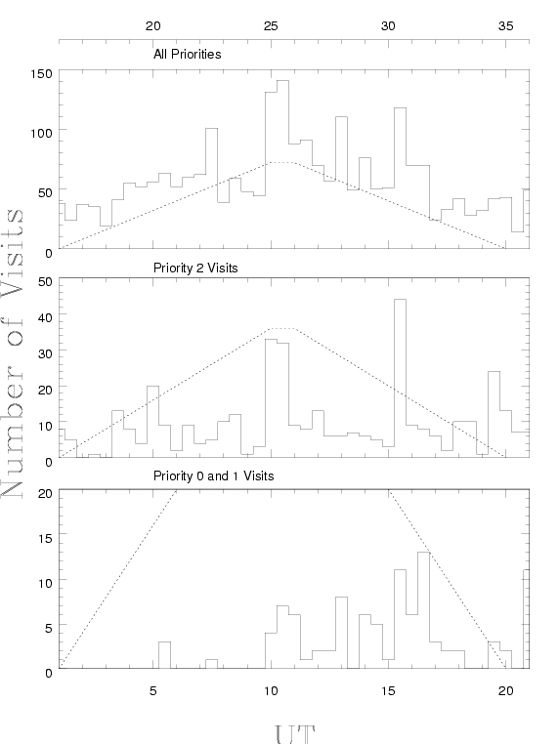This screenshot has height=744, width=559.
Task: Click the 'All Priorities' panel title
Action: pyautogui.click(x=187, y=55)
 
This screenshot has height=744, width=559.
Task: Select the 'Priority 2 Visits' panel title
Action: pyautogui.click(x=195, y=269)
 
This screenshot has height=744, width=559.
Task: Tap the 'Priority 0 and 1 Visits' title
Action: pyautogui.click(x=214, y=475)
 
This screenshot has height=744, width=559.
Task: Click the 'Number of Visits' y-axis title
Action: pyautogui.click(x=13, y=353)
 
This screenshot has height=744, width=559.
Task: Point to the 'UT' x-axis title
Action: pyautogui.click(x=295, y=734)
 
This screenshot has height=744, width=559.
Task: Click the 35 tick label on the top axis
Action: pyautogui.click(x=506, y=26)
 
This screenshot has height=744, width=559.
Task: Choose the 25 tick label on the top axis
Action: pyautogui.click(x=271, y=26)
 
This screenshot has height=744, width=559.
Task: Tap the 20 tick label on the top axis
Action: pyautogui.click(x=152, y=26)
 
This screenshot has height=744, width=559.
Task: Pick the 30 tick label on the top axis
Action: pyautogui.click(x=388, y=26)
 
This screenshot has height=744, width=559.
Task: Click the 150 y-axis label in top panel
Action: pyautogui.click(x=41, y=74)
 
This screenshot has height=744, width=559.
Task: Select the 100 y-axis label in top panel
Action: pyautogui.click(x=41, y=134)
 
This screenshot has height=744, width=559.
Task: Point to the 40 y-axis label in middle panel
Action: pyautogui.click(x=45, y=317)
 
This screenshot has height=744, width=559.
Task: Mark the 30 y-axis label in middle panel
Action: pyautogui.click(x=45, y=353)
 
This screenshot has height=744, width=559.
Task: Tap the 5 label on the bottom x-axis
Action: pyautogui.click(x=152, y=691)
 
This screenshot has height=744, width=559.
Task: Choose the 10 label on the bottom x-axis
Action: pyautogui.click(x=271, y=691)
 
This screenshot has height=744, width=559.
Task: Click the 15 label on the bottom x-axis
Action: pyautogui.click(x=388, y=691)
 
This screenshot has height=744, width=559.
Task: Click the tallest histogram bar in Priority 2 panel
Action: pyautogui.click(x=400, y=378)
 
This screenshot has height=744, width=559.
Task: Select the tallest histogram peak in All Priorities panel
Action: pyautogui.click(x=282, y=164)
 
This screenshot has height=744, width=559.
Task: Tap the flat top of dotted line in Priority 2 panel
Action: pyautogui.click(x=282, y=328)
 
